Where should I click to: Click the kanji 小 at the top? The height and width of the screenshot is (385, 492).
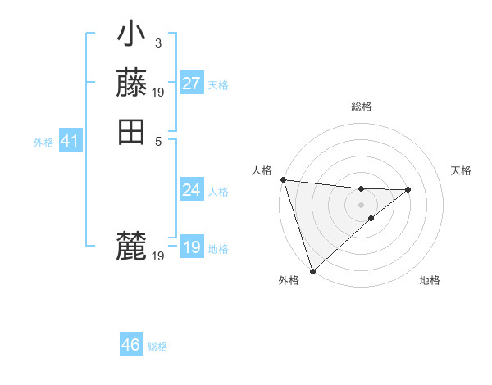(131, 37)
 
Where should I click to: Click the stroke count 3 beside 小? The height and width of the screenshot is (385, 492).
(157, 43)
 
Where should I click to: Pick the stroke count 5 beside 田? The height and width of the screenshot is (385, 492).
(157, 140)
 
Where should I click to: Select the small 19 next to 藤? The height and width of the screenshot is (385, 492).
(158, 92)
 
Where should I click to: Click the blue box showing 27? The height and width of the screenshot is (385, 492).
(191, 84)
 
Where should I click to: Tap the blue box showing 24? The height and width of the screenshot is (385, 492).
(191, 190)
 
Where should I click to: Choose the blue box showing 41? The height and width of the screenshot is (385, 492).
(70, 141)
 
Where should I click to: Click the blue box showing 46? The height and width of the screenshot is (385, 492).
(130, 345)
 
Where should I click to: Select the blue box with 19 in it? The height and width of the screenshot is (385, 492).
(191, 247)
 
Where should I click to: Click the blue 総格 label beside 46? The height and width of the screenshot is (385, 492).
(157, 346)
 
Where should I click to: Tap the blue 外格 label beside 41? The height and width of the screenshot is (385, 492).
(43, 143)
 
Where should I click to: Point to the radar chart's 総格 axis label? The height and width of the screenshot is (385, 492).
(362, 106)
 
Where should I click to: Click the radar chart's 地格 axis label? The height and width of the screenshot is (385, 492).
(430, 280)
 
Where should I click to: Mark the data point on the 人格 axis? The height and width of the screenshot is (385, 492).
(282, 179)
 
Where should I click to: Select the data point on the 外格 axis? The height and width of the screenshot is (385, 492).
(312, 271)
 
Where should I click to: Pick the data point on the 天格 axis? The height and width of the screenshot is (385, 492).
(408, 190)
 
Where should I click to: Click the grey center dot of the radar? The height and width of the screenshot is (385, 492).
(361, 203)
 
